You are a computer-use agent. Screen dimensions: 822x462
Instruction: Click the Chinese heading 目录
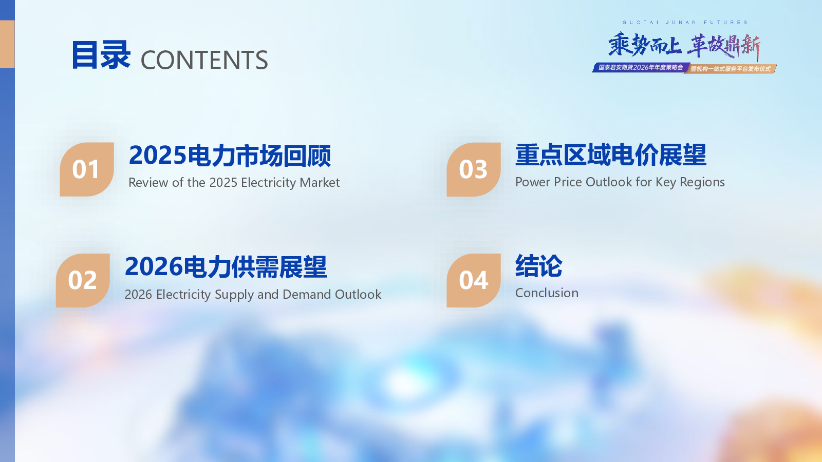pyautogui.click(x=101, y=55)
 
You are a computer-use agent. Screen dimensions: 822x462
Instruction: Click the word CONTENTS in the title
pyautogui.click(x=204, y=60)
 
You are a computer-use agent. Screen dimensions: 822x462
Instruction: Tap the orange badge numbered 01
pyautogui.click(x=87, y=169)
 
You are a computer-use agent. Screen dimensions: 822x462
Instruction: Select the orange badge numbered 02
pyautogui.click(x=83, y=280)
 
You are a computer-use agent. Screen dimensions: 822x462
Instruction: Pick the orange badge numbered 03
pyautogui.click(x=474, y=169)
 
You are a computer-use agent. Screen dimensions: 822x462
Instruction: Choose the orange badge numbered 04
pyautogui.click(x=474, y=280)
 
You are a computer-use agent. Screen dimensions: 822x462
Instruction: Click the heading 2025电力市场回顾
pyautogui.click(x=230, y=156)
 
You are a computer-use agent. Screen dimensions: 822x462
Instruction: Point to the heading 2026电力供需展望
pyautogui.click(x=226, y=267)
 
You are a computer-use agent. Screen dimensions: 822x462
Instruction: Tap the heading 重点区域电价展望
pyautogui.click(x=611, y=155)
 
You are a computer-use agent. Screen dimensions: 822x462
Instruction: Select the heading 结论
pyautogui.click(x=539, y=266)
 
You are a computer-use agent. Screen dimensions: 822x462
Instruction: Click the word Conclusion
pyautogui.click(x=547, y=293)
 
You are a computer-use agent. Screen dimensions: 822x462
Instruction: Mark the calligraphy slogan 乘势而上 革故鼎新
pyautogui.click(x=684, y=46)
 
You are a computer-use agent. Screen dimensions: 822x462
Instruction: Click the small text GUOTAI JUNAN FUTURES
pyautogui.click(x=685, y=23)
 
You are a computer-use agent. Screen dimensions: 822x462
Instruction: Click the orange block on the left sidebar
pyautogui.click(x=7, y=44)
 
